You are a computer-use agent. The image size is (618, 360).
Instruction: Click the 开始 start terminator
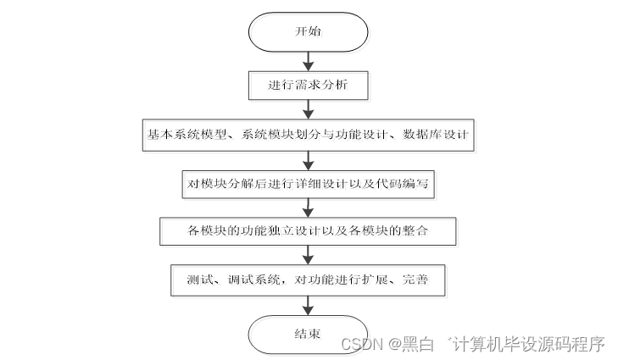(x=308, y=32)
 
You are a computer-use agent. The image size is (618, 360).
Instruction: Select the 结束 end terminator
(x=308, y=333)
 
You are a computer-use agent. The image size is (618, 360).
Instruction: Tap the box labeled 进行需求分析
(x=308, y=85)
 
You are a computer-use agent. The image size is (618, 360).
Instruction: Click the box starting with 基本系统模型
(x=308, y=135)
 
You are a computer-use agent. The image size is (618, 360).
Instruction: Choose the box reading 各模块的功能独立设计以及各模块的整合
(x=308, y=230)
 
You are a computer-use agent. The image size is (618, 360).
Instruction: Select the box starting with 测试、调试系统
(x=308, y=279)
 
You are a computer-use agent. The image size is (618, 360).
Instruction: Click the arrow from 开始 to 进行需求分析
(x=308, y=61)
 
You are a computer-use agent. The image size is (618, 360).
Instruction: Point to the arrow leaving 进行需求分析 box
(x=308, y=109)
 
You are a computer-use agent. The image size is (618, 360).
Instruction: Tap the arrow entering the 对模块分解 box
(x=308, y=159)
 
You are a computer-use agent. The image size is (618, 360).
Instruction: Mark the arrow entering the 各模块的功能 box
(x=308, y=208)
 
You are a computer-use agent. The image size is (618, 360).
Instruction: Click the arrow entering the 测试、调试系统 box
(x=308, y=255)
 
